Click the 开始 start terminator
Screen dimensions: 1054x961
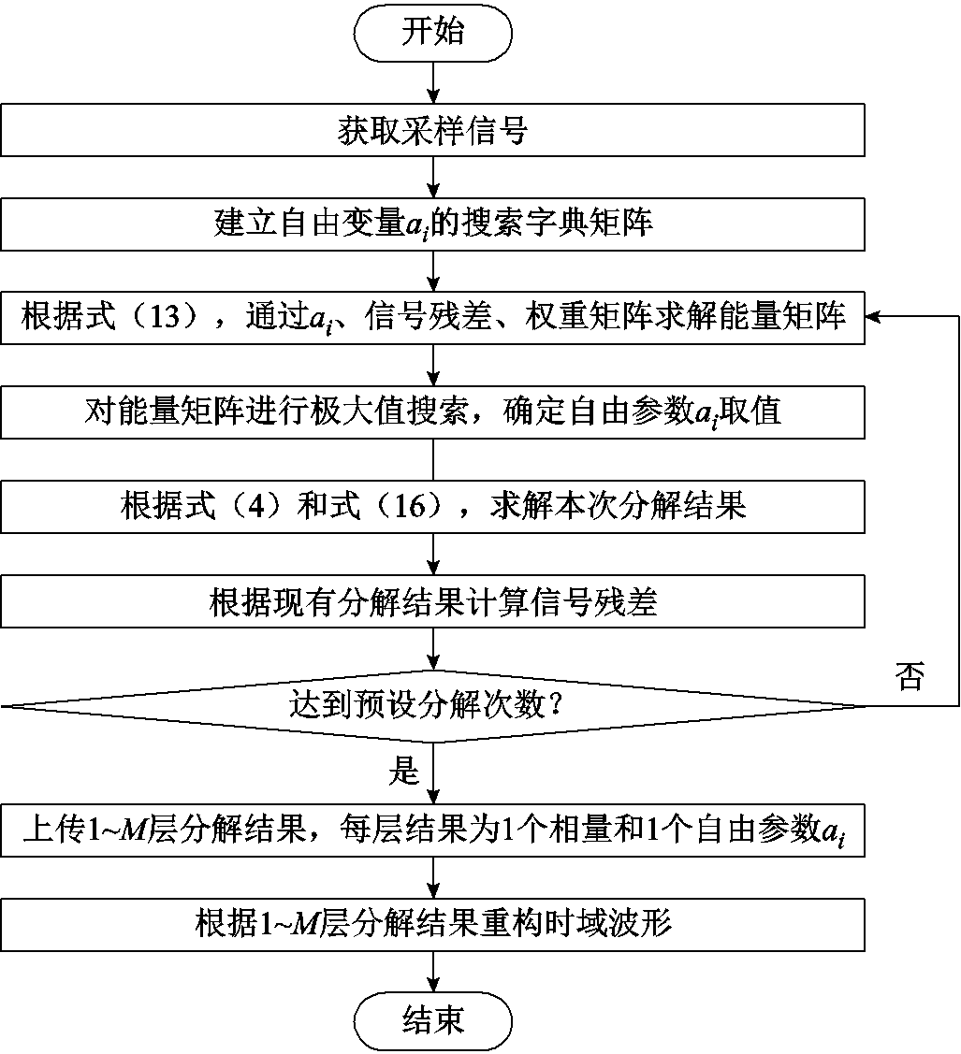(x=432, y=33)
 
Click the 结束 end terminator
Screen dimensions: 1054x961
(x=432, y=1020)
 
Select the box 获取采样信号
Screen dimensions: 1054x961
(x=432, y=131)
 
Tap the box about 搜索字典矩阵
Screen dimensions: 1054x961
(x=432, y=224)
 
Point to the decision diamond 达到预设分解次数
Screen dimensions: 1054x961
(x=432, y=706)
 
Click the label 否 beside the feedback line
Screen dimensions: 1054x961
(x=909, y=678)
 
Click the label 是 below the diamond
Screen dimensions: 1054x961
(x=404, y=772)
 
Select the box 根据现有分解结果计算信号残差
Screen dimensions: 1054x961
(x=432, y=603)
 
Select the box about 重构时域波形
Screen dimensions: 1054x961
(x=432, y=924)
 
